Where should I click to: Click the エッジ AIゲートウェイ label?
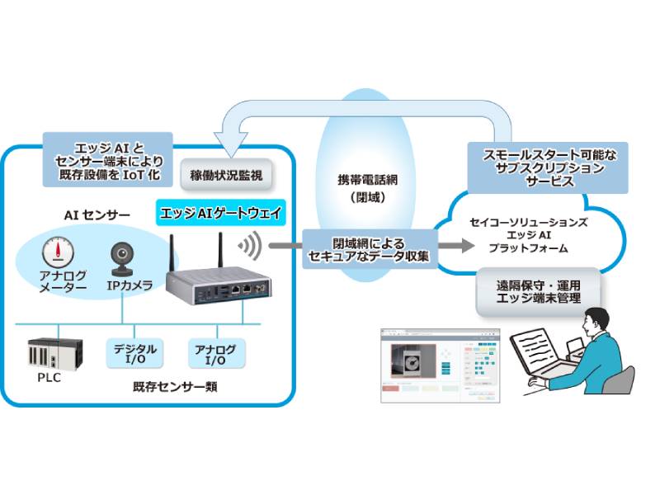click(x=221, y=213)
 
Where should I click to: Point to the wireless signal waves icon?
click(x=249, y=245)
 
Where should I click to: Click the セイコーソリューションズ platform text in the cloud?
click(x=528, y=234)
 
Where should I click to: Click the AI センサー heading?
click(x=97, y=215)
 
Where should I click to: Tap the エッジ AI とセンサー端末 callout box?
click(x=106, y=158)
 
